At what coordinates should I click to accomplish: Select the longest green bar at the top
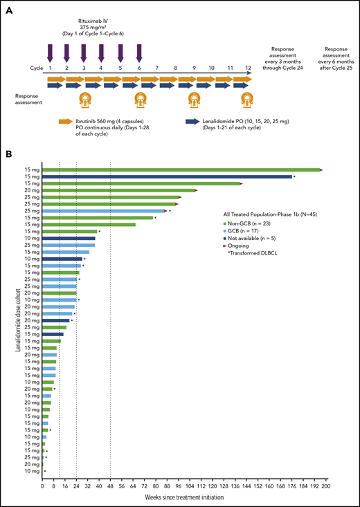click(x=180, y=169)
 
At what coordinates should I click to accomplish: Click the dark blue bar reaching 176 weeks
click(x=167, y=177)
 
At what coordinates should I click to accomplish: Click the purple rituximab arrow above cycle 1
click(x=51, y=53)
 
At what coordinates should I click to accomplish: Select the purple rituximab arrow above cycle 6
click(x=140, y=53)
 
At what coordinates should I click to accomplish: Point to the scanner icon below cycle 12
click(x=247, y=100)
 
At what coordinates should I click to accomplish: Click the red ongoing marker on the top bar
click(x=321, y=169)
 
